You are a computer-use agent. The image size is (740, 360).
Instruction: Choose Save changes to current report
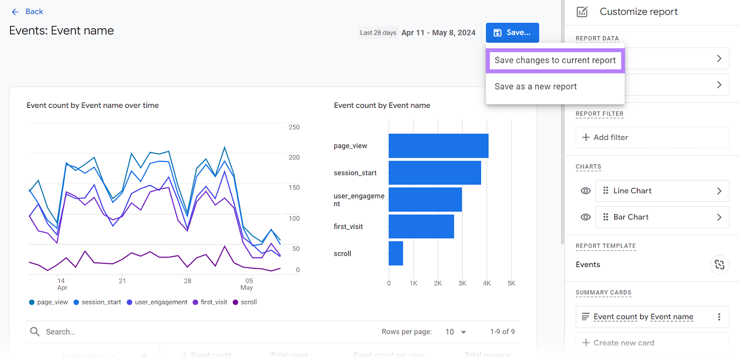click(x=555, y=60)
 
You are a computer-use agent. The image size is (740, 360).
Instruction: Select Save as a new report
click(x=536, y=87)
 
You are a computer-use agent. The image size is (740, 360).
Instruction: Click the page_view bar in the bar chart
click(x=438, y=146)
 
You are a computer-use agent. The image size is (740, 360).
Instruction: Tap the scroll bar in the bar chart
click(x=395, y=253)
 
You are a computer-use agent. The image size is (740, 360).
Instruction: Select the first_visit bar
click(x=421, y=226)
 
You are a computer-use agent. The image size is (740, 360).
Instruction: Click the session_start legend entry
click(x=97, y=302)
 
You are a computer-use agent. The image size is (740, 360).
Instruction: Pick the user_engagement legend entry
click(x=157, y=302)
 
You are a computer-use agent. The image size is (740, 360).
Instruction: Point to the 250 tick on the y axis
click(x=294, y=127)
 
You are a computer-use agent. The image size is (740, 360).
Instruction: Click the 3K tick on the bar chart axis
click(x=462, y=283)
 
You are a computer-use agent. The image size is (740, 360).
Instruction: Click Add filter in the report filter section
click(x=605, y=137)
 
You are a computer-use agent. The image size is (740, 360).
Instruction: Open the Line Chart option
click(x=662, y=191)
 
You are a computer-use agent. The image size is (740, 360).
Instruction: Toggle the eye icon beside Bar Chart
click(x=586, y=217)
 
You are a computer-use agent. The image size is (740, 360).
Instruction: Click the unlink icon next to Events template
click(x=719, y=265)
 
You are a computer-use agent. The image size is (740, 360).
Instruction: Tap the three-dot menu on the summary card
click(x=719, y=317)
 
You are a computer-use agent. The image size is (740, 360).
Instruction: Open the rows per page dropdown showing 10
click(x=456, y=332)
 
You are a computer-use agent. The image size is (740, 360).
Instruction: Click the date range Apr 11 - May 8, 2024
click(x=438, y=33)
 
